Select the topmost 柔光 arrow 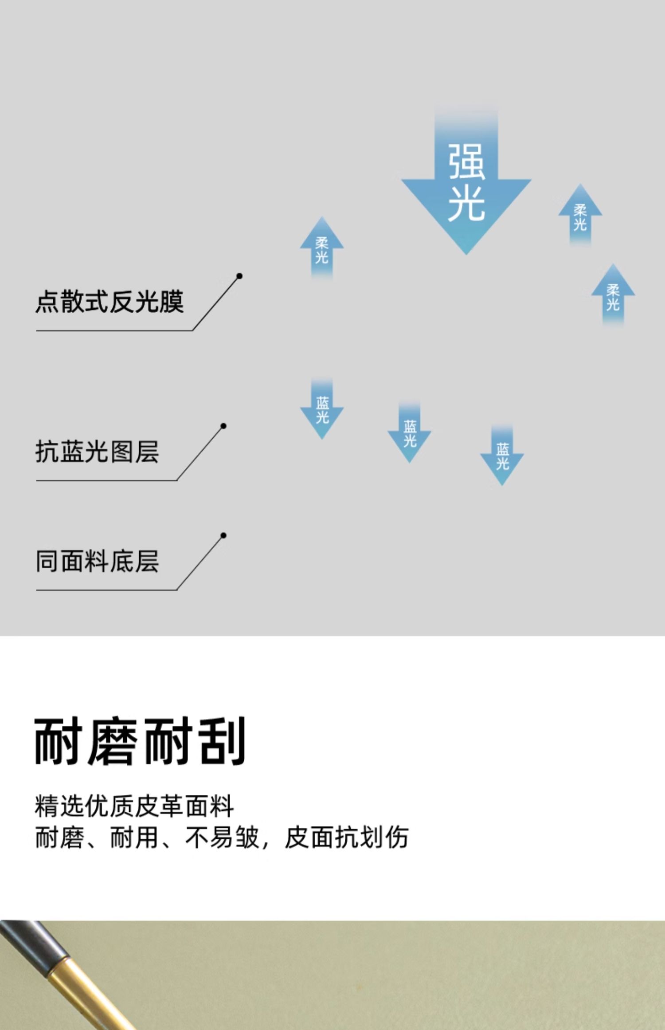coord(580,216)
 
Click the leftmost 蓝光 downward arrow coord(322,410)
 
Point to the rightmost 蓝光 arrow coord(502,457)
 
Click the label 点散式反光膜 coord(109,302)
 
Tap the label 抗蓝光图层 coord(97,452)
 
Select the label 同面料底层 coord(97,562)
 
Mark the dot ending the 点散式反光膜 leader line coord(239,276)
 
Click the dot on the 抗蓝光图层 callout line coord(223,426)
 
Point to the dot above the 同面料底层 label coord(223,535)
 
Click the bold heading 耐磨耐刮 coord(140,741)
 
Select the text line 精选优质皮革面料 coord(134,806)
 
